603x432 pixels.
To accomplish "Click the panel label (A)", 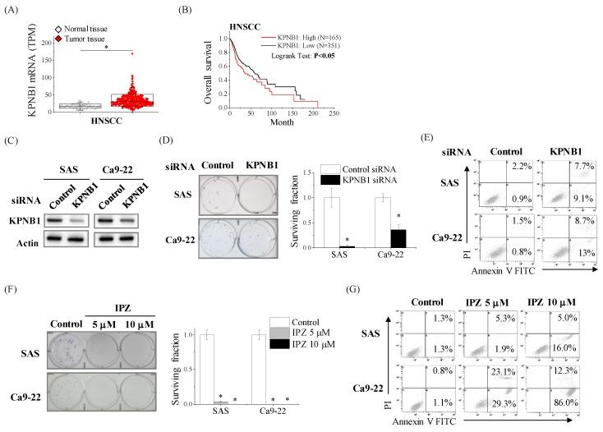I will click(14, 9).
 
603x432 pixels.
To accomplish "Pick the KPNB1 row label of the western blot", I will click(28, 223).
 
